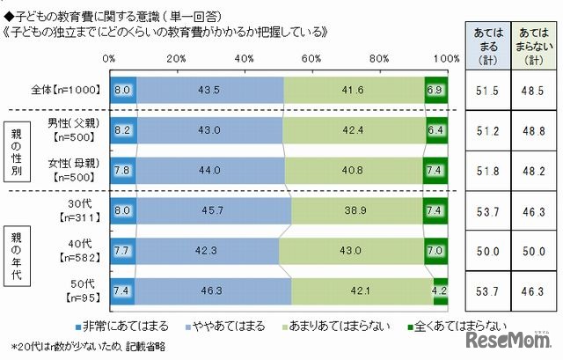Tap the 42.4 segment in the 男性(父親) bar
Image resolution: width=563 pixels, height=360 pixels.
(x=354, y=129)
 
